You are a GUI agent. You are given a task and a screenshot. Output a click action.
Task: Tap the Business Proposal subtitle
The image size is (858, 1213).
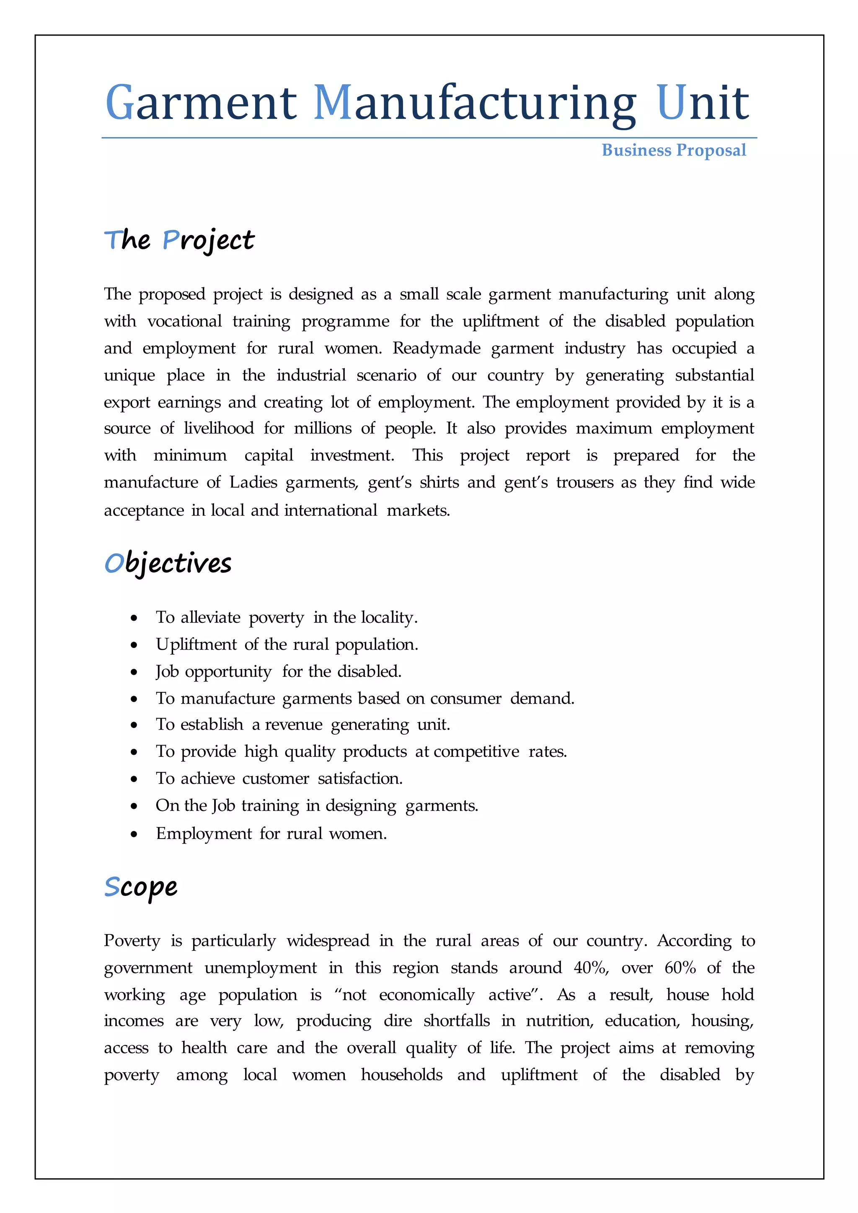tap(674, 150)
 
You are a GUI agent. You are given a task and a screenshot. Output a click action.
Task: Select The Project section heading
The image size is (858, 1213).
tap(179, 240)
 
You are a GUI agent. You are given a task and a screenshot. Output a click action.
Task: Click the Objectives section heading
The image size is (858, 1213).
tap(168, 563)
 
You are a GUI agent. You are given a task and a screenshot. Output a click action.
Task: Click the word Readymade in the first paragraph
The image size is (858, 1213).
tap(437, 348)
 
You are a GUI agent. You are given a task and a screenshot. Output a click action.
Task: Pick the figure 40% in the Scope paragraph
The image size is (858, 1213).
tap(591, 968)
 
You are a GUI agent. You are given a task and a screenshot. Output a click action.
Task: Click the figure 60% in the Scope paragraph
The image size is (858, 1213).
tap(680, 968)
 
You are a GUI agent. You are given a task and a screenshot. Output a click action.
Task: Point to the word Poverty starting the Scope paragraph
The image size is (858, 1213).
tap(132, 941)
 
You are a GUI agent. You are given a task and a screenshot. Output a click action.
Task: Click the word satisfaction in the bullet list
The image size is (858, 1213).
tap(360, 779)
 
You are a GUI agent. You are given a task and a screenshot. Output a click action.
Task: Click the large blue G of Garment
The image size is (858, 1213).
tap(119, 103)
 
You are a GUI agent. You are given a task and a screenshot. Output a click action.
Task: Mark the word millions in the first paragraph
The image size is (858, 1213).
tap(322, 428)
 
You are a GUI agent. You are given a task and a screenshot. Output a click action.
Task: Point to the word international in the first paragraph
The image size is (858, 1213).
tap(331, 510)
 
